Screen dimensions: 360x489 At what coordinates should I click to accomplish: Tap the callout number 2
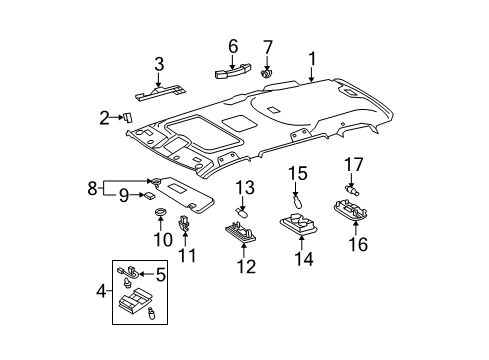tap(104, 118)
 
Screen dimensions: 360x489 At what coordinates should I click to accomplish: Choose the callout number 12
tap(245, 266)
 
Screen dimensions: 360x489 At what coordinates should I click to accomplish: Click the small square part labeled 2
tap(128, 116)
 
